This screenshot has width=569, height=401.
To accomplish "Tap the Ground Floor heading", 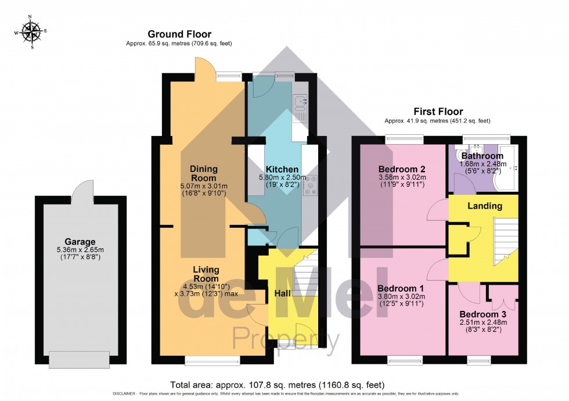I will tap(179, 34).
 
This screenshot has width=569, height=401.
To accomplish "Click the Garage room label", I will tap(81, 242).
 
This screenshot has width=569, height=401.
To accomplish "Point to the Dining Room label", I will tap(203, 173).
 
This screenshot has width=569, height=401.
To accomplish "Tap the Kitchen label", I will tap(282, 169).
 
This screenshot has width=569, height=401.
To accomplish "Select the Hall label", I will tap(282, 294).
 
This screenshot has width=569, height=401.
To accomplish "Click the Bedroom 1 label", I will tap(401, 288).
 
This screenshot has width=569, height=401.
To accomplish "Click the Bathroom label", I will tap(482, 156).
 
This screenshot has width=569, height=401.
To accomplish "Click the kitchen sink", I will tap(301, 103).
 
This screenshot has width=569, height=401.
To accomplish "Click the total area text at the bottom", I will tap(277, 385).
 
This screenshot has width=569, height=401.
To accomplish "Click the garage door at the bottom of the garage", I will tap(80, 360).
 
